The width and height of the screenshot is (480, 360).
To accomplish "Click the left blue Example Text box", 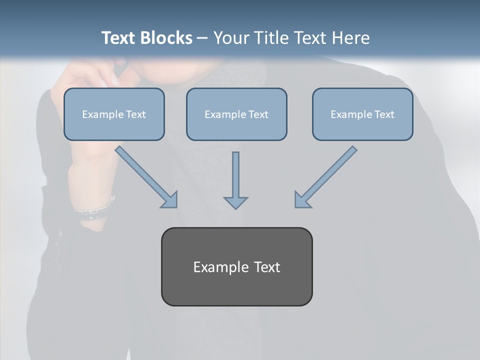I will (114, 114).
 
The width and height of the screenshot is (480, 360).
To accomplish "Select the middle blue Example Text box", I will (236, 114).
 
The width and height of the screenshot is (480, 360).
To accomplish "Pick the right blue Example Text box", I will (362, 114).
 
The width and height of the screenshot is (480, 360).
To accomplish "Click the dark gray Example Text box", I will (236, 266).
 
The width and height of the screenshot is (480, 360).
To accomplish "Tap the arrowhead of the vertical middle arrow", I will (235, 202).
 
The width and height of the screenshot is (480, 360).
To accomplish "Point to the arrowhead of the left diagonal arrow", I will (170, 200).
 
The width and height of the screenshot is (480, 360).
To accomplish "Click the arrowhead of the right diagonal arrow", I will (302, 200).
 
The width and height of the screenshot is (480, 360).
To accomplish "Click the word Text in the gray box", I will (266, 267).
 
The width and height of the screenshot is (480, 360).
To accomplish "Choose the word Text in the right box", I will (384, 114).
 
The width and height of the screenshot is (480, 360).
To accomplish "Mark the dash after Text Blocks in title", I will (202, 38).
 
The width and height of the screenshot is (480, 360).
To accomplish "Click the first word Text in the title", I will (118, 38).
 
